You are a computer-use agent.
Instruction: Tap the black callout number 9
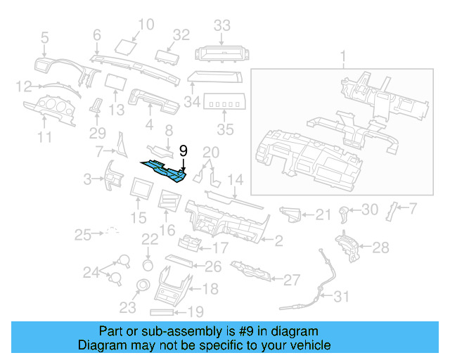pos(183,150)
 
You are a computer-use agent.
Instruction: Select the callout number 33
pos(222,26)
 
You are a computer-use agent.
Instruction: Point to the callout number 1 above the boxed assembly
pos(343,56)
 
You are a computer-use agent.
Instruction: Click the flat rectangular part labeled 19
pos(166,310)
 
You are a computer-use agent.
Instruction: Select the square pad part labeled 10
pos(125,46)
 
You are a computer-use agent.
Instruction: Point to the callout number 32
pos(182,34)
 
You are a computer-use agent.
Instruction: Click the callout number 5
pos(45,37)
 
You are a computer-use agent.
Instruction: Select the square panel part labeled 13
pos(115,83)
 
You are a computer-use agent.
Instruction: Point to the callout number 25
pos(84,233)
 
